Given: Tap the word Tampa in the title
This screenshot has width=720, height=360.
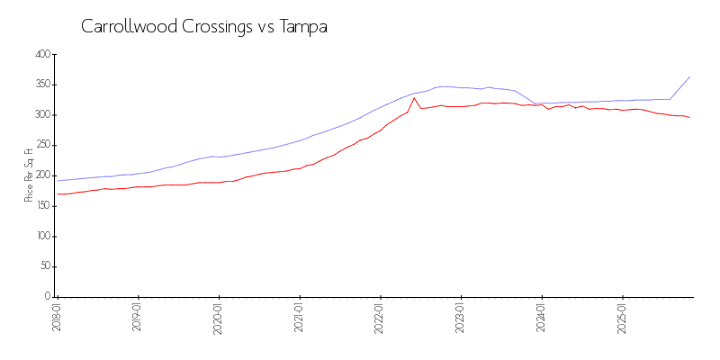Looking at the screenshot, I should (x=303, y=26).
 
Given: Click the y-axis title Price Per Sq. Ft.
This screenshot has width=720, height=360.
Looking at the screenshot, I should (x=29, y=175).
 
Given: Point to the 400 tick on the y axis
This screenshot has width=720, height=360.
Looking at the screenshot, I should (x=42, y=54).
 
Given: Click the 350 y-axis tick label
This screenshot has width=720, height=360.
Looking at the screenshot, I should (x=42, y=85).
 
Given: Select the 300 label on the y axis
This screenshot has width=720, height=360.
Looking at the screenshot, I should (x=42, y=115).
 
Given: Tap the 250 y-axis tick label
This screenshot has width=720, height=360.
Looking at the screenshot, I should (x=42, y=145).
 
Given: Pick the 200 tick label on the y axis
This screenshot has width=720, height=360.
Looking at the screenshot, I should (x=42, y=175).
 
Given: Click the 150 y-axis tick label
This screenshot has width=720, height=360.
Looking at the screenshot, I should (x=42, y=206).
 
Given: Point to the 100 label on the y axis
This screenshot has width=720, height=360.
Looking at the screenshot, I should (x=42, y=236).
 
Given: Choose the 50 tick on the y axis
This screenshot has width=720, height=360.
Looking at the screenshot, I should (x=45, y=266).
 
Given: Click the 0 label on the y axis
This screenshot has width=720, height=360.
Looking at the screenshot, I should (x=48, y=296).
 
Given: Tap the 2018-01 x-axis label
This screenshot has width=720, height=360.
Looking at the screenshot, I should (x=57, y=318).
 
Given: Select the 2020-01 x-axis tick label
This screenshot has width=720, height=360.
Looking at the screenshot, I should (x=219, y=318).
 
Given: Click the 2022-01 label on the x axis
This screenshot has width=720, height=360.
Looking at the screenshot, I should (x=381, y=318).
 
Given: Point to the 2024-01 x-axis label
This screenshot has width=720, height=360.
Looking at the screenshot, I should (x=542, y=318).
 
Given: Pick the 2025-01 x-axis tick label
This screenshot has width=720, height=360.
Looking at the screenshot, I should (x=623, y=318).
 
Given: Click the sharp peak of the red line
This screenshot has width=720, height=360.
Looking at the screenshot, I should (x=414, y=98).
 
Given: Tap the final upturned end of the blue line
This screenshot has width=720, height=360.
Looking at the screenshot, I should (x=689, y=76).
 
